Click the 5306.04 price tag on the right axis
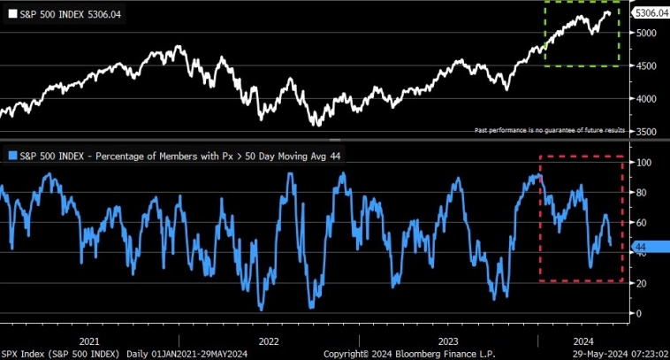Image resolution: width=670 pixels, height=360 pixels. coord(650,12)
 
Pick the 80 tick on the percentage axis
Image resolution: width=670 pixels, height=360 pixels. coord(642,193)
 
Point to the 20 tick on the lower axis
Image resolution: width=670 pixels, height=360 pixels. coord(642,283)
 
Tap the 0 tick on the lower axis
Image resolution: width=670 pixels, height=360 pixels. coord(639,313)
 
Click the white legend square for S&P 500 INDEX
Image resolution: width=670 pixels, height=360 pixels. coord(11,14)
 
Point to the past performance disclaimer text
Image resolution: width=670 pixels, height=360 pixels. coord(550,130)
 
